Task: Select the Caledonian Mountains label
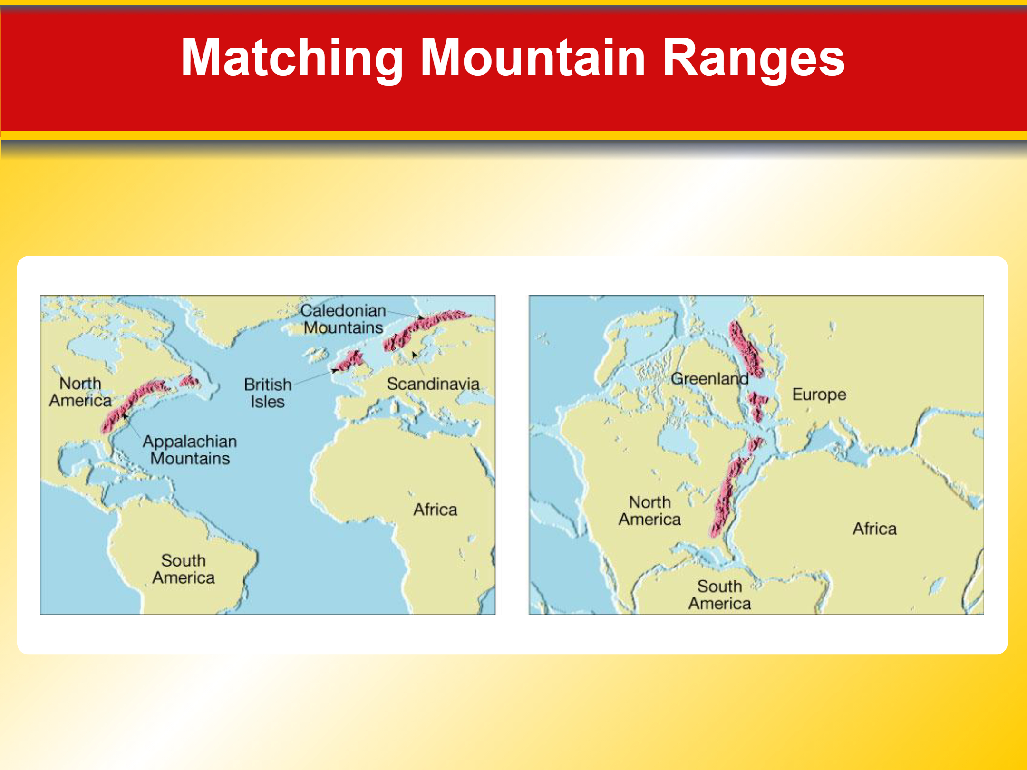coord(343,319)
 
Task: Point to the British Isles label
coord(268,393)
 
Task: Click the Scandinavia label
coord(433,384)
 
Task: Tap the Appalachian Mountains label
coord(190,450)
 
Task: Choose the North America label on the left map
coord(80,392)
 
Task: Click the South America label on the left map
coord(184,569)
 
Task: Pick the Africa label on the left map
coord(435,510)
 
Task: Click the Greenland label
coord(710,379)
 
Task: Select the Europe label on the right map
coord(819,395)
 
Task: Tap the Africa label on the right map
coord(874,529)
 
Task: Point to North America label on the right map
coord(649,511)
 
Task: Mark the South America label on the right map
coord(720,595)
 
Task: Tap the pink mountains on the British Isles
coord(349,361)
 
